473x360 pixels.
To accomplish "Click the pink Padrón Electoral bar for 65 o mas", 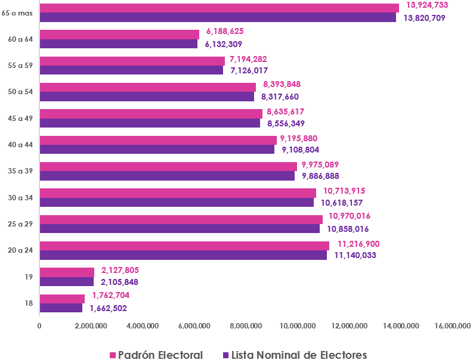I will (x=219, y=8).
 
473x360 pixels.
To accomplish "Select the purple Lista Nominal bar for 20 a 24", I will (x=183, y=255).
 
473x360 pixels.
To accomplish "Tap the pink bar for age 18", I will (x=62, y=299).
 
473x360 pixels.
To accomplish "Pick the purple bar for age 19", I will (x=66, y=282).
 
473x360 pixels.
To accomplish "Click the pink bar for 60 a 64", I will (x=119, y=35).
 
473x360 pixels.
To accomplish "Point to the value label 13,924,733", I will (x=426, y=5).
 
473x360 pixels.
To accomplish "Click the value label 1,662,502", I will (x=108, y=309).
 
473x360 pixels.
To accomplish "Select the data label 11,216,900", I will (x=358, y=244).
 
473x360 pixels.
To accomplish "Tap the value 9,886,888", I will (x=323, y=176).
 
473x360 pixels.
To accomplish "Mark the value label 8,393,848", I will (x=283, y=84).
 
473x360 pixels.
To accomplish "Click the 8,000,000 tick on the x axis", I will (x=246, y=325).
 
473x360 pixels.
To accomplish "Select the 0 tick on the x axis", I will (x=39, y=325).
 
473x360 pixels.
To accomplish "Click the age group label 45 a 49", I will (x=20, y=118).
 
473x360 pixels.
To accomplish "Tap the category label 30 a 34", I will (x=20, y=197).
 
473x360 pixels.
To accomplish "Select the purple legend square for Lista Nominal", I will (x=225, y=355).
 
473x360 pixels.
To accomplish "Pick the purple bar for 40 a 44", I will (x=157, y=150).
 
